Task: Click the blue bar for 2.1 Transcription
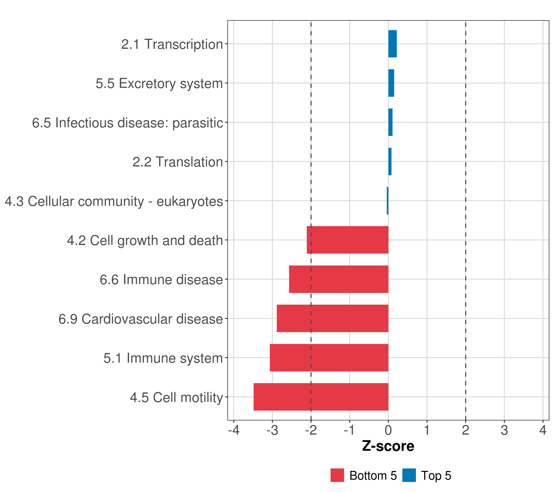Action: click(393, 44)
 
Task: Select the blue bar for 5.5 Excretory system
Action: click(391, 83)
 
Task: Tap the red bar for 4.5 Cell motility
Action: click(321, 397)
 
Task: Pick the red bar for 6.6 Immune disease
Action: click(339, 279)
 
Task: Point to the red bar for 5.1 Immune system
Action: click(329, 358)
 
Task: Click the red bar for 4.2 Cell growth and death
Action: click(347, 240)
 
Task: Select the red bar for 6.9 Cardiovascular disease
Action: click(333, 318)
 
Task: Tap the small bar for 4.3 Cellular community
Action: click(388, 201)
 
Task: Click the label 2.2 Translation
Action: click(177, 162)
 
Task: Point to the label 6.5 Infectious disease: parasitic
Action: click(127, 123)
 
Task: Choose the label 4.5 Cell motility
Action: click(176, 397)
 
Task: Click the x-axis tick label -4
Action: click(234, 430)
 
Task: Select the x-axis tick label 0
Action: click(388, 430)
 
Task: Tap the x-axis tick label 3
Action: click(504, 430)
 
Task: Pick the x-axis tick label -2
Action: click(311, 430)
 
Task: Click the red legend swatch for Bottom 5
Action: click(337, 475)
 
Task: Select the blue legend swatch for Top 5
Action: click(409, 475)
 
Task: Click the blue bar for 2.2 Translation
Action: click(390, 162)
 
